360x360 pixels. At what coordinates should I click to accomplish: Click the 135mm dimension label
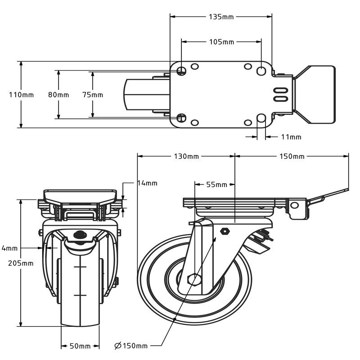[x=221, y=17]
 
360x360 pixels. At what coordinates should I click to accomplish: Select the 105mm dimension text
[x=221, y=42]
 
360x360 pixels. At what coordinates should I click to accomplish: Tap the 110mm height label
[x=21, y=95]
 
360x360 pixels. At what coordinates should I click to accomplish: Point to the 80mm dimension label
[x=58, y=95]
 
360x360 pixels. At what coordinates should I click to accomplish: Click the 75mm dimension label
[x=93, y=95]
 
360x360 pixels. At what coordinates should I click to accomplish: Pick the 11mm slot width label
[x=291, y=137]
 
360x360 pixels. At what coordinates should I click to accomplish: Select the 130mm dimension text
[x=186, y=157]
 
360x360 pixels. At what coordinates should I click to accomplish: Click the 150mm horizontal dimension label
[x=292, y=157]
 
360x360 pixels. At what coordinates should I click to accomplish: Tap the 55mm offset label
[x=216, y=184]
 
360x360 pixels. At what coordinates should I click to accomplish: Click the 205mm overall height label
[x=21, y=263]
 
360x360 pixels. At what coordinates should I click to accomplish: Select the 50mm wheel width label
[x=80, y=346]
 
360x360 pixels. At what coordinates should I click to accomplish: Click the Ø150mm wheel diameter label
[x=131, y=346]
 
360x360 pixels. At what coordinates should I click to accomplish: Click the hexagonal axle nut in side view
[x=193, y=279]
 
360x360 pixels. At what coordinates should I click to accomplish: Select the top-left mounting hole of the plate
[x=182, y=71]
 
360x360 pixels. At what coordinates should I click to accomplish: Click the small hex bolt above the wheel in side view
[x=225, y=231]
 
